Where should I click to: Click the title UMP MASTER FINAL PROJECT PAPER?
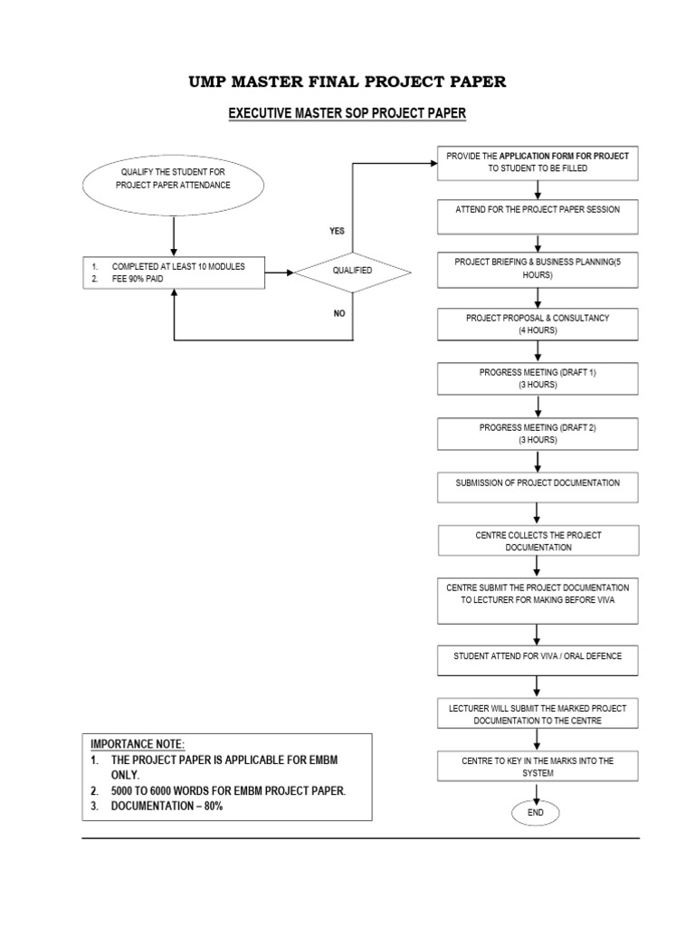[347, 82]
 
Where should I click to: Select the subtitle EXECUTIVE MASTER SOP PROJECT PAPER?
[347, 113]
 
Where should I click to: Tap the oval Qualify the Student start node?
[173, 178]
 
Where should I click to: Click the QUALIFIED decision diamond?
[351, 271]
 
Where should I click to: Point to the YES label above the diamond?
[337, 231]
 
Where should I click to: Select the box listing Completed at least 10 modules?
[173, 272]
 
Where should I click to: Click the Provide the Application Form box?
[538, 162]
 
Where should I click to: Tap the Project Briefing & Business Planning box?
[538, 268]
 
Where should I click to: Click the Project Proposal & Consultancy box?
[538, 324]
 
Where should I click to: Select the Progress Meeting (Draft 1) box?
[538, 378]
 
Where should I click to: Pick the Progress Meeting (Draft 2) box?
[538, 434]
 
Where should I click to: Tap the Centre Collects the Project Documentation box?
[538, 541]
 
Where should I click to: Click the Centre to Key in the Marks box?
[538, 767]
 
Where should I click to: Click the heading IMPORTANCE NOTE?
[137, 743]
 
